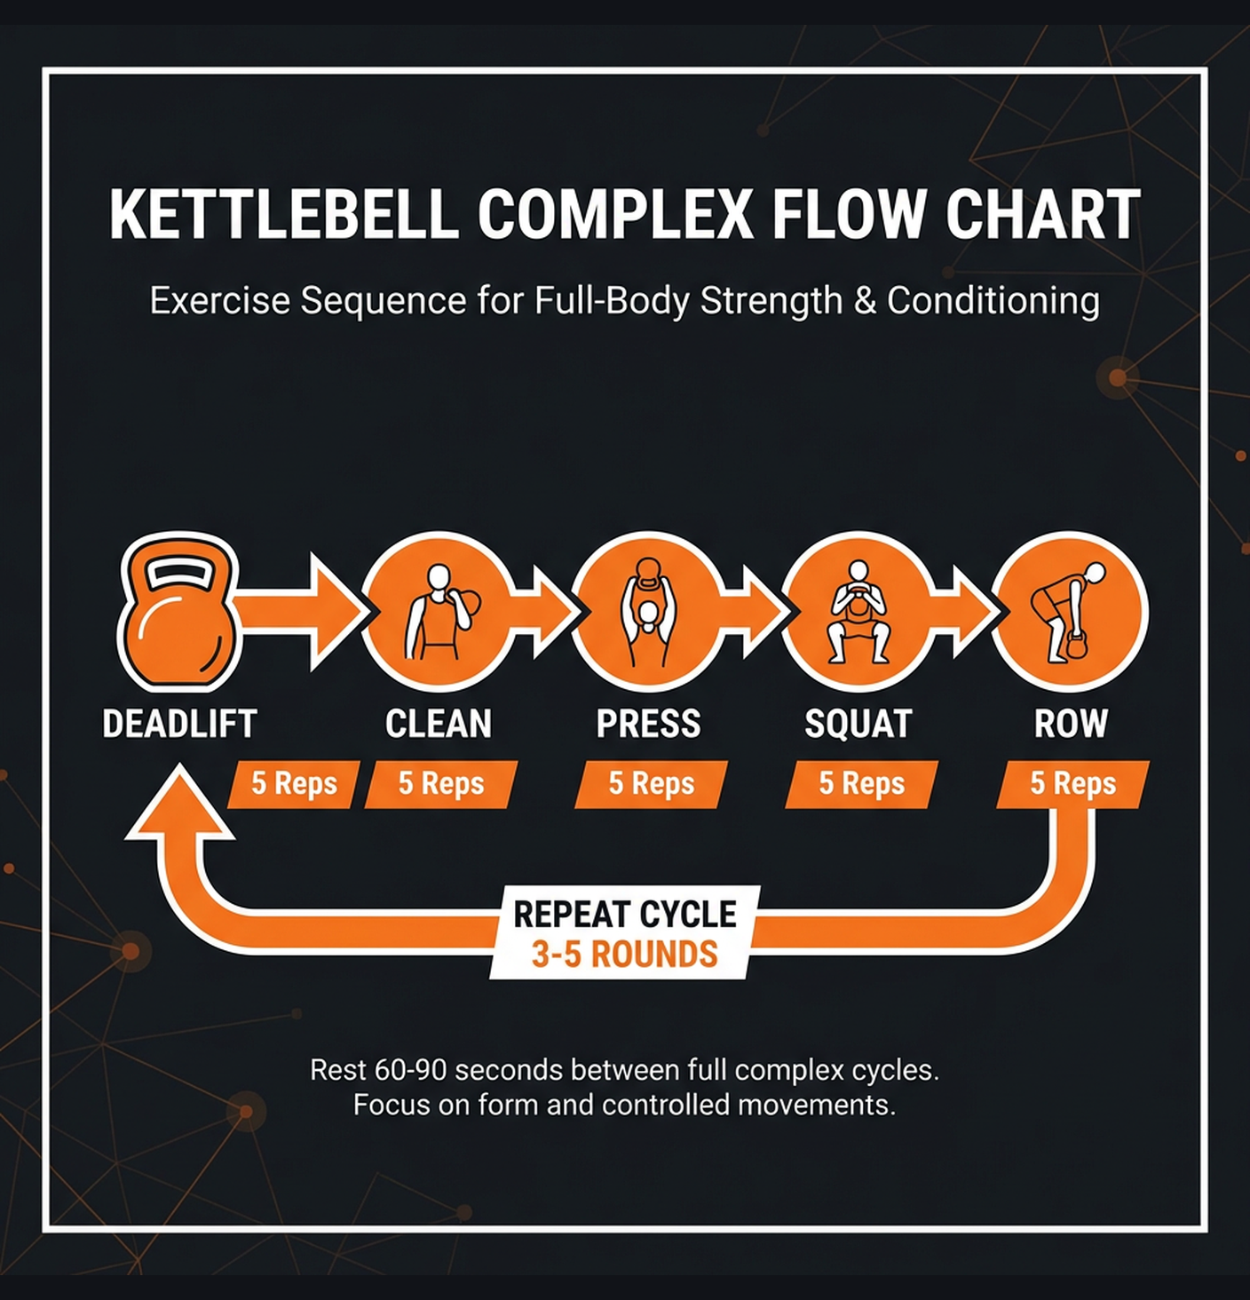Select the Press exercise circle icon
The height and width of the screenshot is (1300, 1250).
pos(649,612)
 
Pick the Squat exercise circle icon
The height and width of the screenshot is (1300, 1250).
pos(858,612)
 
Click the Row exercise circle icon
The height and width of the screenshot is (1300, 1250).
pos(1070,612)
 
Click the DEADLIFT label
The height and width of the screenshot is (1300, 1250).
pos(179,724)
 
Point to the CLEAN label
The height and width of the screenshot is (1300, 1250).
pos(439,724)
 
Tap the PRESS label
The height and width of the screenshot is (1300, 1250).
pos(649,724)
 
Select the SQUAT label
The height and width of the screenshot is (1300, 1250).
pos(858,724)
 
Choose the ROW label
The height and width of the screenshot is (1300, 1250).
pos(1071,724)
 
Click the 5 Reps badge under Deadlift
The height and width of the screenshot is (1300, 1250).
pos(294,784)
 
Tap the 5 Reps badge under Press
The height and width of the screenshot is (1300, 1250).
pos(651,784)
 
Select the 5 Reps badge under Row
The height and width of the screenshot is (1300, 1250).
pos(1072,784)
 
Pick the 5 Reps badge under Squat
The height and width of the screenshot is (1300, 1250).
pos(861,784)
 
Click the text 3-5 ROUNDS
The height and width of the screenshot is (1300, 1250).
pos(624,955)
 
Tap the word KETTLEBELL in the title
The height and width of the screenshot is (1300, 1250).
pos(284,215)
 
